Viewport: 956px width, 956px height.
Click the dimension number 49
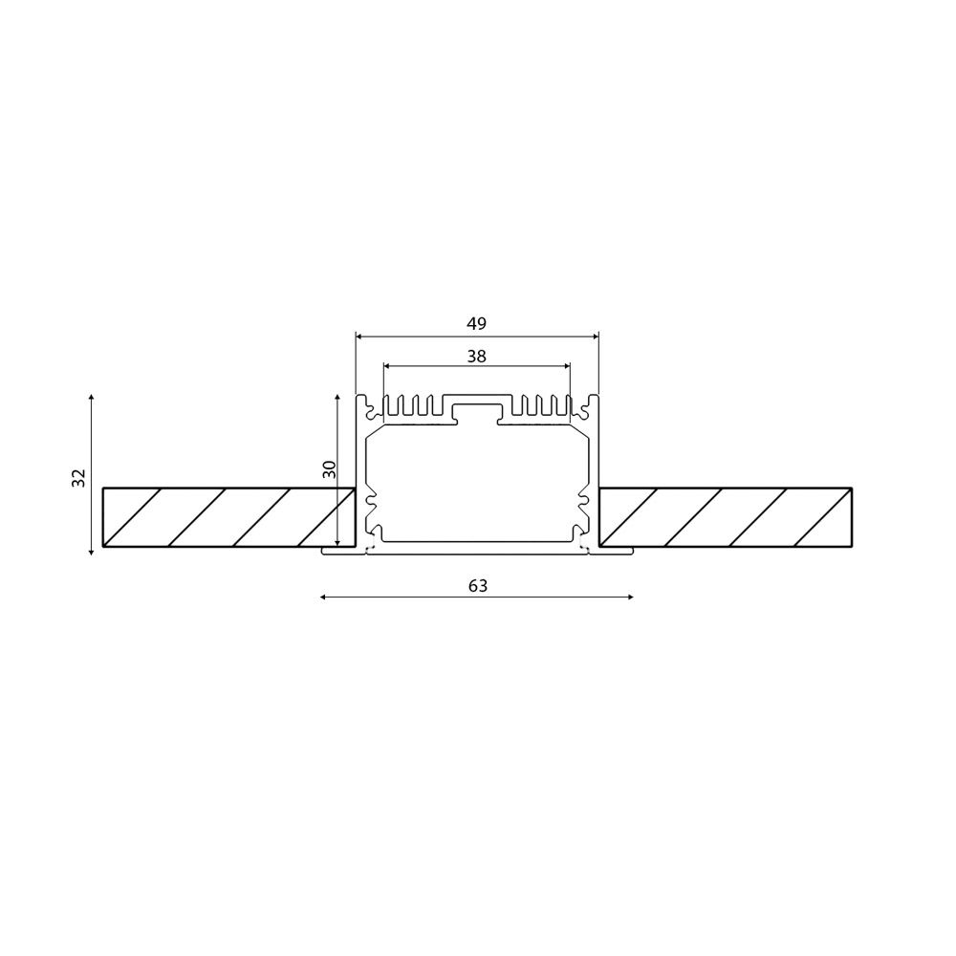tap(476, 323)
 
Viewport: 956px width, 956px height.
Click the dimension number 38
tap(476, 356)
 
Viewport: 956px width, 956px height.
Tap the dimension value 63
tap(478, 586)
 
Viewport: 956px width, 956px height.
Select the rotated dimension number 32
tap(78, 478)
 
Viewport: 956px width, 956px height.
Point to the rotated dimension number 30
tap(328, 469)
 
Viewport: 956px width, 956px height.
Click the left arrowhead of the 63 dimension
tap(323, 597)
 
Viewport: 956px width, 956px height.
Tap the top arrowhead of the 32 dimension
tap(91, 396)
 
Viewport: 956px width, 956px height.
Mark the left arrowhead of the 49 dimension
tap(358, 337)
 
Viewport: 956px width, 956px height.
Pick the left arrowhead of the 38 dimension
tap(385, 365)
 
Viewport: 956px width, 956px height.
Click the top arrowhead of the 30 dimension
tap(338, 396)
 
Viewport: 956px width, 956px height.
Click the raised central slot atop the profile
tap(476, 411)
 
